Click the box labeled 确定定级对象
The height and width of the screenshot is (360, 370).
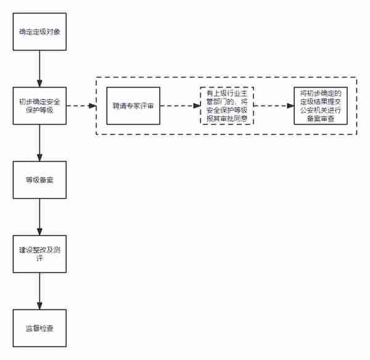point(39,31)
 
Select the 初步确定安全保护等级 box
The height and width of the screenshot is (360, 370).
point(39,105)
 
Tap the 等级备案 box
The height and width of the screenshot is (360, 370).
point(39,180)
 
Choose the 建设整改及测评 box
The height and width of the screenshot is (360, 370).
point(39,254)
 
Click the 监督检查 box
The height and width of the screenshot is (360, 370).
point(39,328)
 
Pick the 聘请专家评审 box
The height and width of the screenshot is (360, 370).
point(133,105)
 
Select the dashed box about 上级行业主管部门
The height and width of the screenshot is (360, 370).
point(227,105)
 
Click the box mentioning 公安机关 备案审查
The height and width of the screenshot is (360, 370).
point(321,105)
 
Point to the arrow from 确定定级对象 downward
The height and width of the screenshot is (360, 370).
point(39,68)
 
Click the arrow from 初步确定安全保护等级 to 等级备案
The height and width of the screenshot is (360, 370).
point(39,143)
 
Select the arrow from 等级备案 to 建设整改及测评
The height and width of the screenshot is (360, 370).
point(39,217)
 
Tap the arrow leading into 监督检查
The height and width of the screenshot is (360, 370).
point(39,291)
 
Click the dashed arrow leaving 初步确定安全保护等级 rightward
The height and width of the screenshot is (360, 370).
point(81,106)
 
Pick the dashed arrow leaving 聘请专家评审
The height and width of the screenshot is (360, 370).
point(180,106)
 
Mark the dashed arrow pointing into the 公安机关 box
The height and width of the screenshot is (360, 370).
point(274,106)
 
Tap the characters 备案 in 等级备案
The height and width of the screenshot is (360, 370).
point(46,180)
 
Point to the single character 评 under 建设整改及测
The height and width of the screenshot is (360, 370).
point(39,258)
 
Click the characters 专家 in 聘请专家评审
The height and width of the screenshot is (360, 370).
point(133,105)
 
